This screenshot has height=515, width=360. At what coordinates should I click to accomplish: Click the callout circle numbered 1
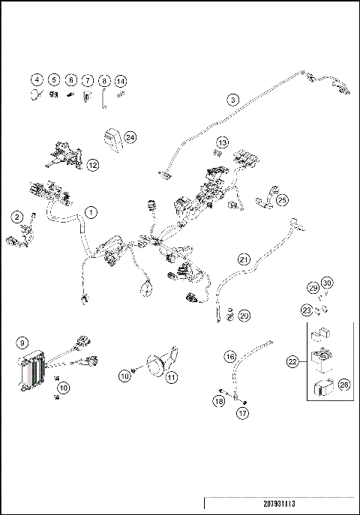tap(90, 211)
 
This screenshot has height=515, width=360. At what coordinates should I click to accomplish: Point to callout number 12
tap(93, 164)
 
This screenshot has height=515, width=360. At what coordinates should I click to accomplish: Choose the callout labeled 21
tap(244, 259)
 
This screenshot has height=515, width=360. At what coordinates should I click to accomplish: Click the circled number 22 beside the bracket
tap(292, 361)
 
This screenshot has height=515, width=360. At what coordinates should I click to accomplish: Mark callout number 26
tap(324, 385)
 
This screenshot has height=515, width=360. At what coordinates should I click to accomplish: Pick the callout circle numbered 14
tap(121, 80)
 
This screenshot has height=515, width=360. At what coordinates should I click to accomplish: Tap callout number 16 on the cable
tap(231, 356)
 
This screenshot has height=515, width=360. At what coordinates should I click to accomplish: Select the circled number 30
tap(326, 283)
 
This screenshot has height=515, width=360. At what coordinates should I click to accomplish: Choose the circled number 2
tap(17, 217)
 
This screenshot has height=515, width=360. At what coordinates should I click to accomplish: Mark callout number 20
tap(244, 316)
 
